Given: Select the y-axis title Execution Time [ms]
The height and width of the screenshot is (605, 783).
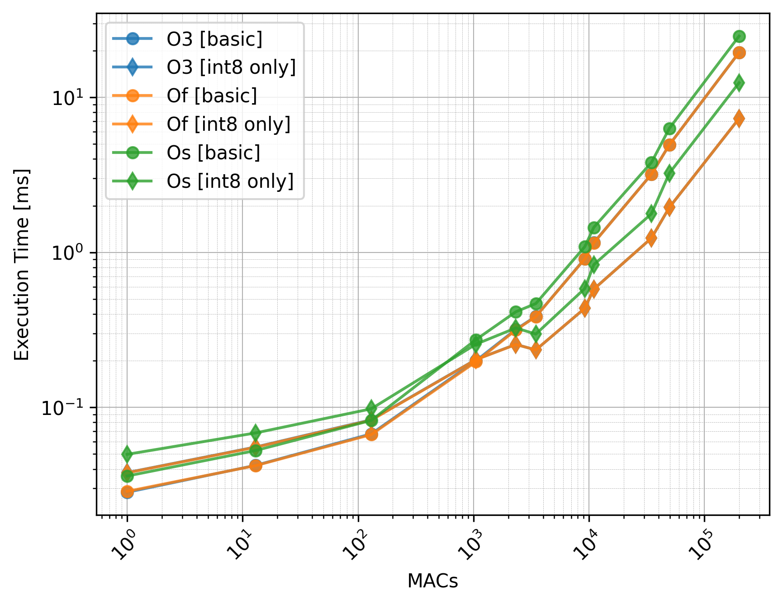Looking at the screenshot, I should [x=21, y=264].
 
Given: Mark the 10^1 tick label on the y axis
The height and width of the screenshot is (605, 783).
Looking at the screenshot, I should [x=68, y=98].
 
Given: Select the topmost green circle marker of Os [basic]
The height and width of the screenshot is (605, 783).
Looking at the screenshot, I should [x=739, y=37].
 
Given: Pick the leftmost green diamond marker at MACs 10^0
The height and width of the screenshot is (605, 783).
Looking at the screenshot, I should [x=127, y=454].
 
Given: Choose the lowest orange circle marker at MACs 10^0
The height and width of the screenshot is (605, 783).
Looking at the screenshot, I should [x=127, y=491].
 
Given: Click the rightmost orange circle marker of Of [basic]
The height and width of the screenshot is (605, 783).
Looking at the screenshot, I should [x=739, y=53].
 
